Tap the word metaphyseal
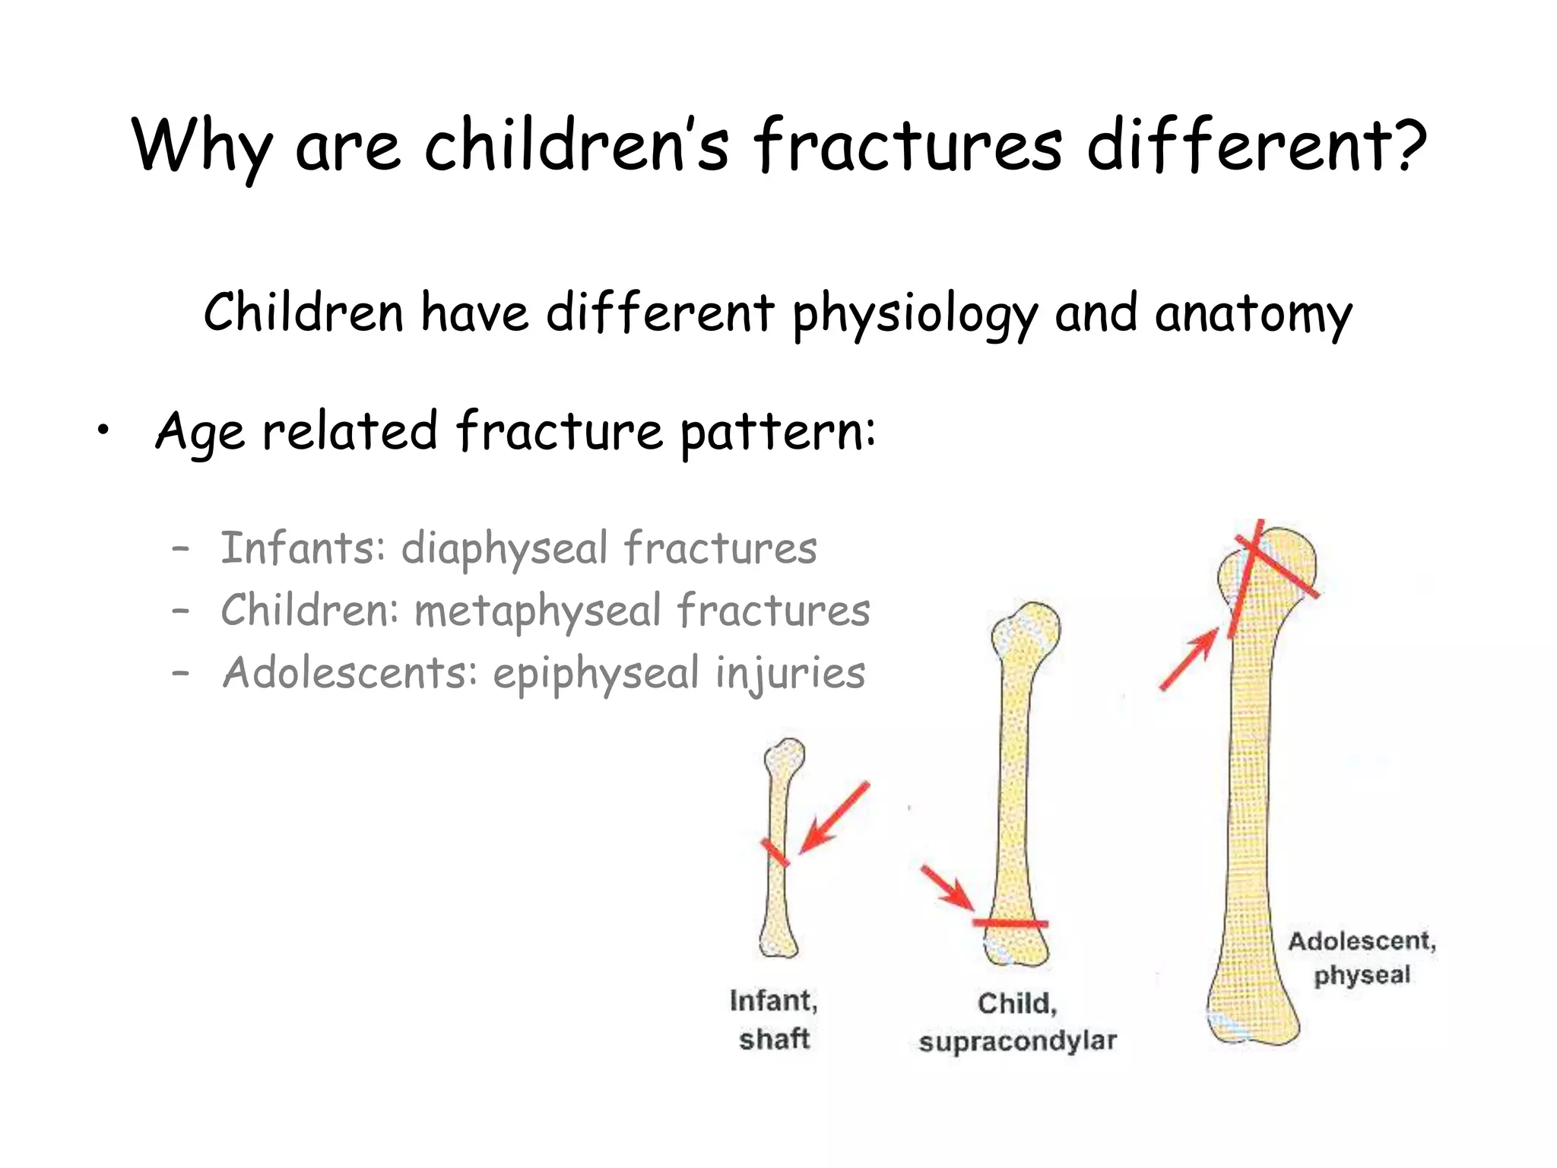[x=537, y=611]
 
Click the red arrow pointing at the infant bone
[x=834, y=819]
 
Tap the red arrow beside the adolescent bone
[x=1189, y=659]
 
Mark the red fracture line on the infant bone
[x=775, y=852]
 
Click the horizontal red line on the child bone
[x=1010, y=923]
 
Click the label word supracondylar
[x=1017, y=1040]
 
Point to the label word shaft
[x=774, y=1039]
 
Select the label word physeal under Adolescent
[x=1362, y=975]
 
